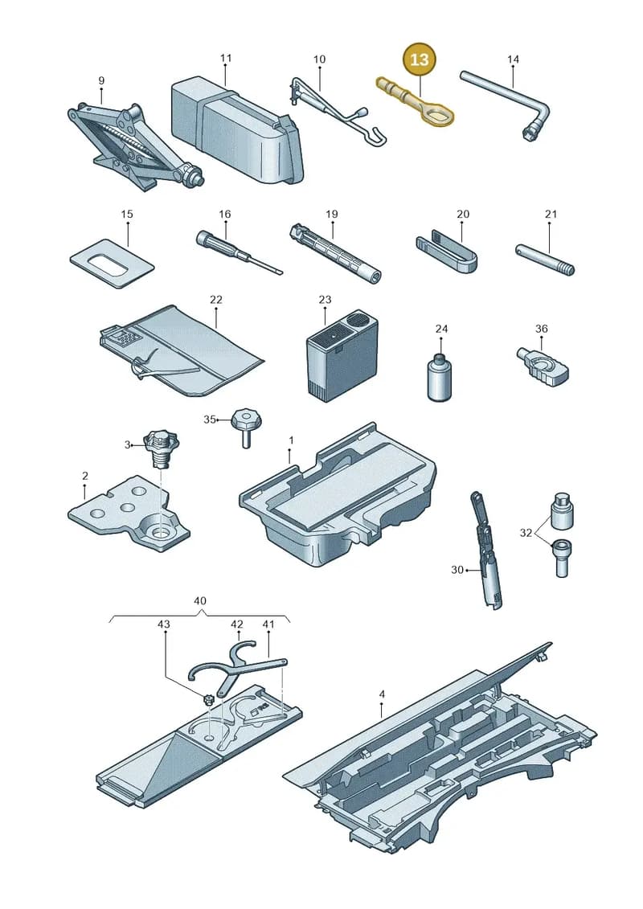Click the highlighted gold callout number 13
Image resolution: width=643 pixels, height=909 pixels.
(x=420, y=59)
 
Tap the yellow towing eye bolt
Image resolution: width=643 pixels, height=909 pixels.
(x=416, y=100)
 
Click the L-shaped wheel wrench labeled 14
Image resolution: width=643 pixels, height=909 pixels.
(x=506, y=105)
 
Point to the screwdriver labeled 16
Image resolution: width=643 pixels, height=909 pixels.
(x=238, y=252)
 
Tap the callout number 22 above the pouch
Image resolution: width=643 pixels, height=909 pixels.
(x=215, y=300)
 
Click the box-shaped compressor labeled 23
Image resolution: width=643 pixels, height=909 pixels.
(x=342, y=357)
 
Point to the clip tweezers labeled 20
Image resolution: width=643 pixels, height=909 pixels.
(x=446, y=251)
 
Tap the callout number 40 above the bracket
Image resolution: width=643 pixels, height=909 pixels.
(x=199, y=600)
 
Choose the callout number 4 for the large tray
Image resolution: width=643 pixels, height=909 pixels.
(x=382, y=694)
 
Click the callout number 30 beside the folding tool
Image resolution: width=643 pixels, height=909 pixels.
(x=457, y=570)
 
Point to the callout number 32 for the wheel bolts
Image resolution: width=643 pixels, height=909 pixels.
(x=526, y=533)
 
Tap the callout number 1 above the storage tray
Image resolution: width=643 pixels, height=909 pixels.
(x=291, y=440)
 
